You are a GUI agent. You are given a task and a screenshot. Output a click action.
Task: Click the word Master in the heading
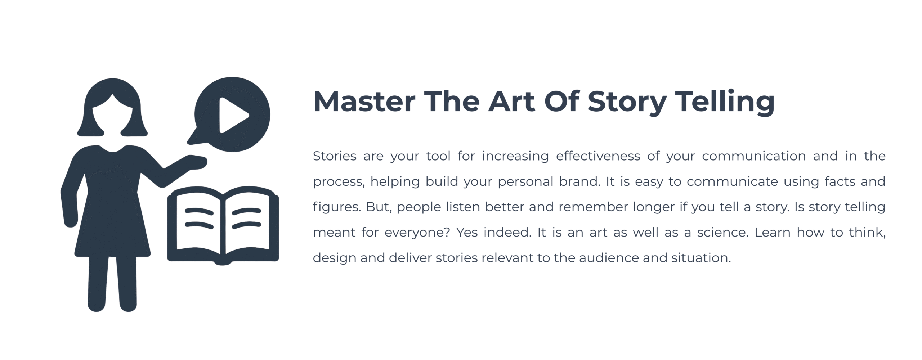364,102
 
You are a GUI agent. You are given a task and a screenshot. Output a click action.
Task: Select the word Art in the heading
511,102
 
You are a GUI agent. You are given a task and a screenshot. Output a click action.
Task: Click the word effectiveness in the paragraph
598,156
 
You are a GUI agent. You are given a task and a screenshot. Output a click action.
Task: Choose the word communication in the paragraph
754,156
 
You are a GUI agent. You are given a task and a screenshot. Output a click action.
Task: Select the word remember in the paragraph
593,207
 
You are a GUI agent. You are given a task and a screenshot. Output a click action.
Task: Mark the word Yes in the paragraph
467,232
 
